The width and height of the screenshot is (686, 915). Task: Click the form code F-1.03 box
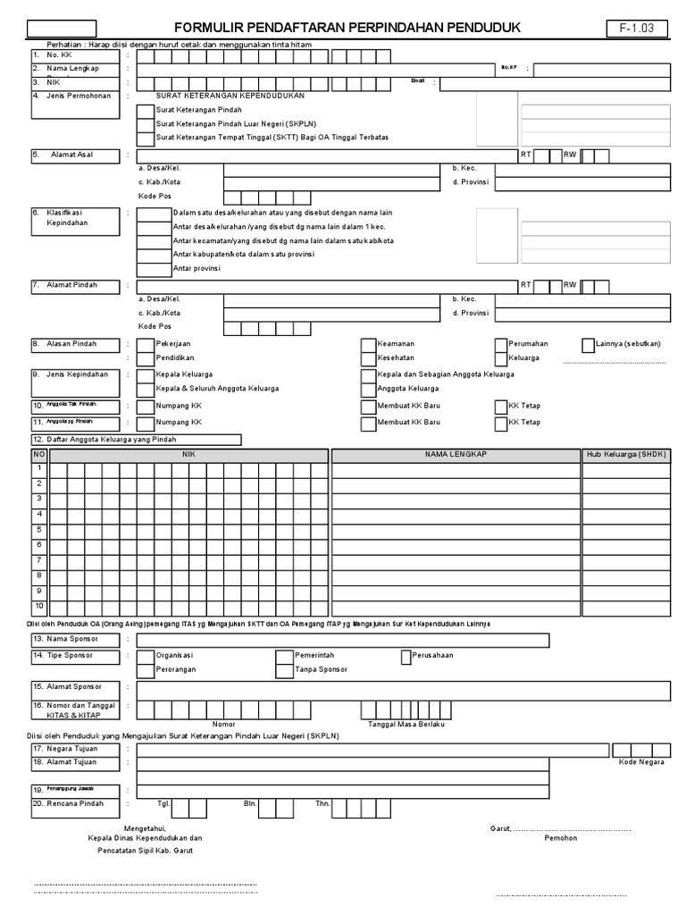click(637, 28)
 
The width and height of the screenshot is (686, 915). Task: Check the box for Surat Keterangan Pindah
click(145, 110)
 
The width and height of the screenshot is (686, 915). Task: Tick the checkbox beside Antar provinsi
click(153, 268)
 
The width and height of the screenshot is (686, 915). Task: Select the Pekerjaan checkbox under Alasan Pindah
click(145, 344)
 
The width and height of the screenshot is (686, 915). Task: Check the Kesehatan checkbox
click(368, 358)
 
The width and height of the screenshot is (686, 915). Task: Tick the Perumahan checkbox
click(500, 344)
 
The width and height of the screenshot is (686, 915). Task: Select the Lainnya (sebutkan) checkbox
click(588, 344)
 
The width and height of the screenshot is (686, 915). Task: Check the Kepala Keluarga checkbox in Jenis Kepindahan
click(145, 374)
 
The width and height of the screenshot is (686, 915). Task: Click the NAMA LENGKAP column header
click(456, 455)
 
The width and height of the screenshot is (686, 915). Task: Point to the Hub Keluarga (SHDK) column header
click(626, 455)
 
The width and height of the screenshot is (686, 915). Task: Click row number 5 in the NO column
click(39, 529)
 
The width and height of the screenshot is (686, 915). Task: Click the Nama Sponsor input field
click(343, 640)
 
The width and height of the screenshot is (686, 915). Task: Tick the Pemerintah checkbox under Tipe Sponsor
click(284, 656)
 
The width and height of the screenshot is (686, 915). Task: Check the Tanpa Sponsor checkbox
click(284, 669)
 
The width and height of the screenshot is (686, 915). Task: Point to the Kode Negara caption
click(641, 762)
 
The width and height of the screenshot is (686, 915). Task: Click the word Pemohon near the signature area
click(560, 838)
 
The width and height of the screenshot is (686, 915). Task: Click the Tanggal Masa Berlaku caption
click(406, 724)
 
